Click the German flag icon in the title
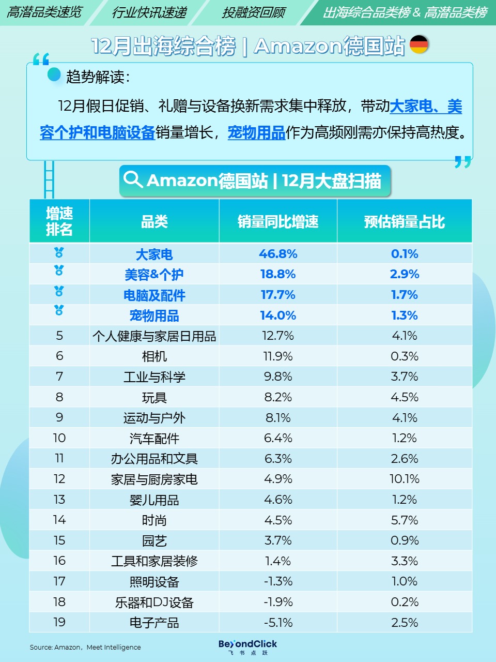419,44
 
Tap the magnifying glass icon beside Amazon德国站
133,179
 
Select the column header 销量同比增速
278,221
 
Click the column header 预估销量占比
404,221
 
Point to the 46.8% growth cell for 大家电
278,254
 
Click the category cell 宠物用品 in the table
154,315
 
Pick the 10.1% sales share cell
404,479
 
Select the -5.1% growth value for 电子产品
278,622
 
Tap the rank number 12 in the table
59,479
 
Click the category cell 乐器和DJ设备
154,602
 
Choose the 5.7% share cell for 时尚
404,520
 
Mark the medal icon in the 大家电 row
59,253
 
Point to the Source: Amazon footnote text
85,647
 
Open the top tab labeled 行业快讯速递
149,12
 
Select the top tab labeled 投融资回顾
253,12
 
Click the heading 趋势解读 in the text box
96,77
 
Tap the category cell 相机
154,356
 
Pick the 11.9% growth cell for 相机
278,356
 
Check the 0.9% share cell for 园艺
404,540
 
